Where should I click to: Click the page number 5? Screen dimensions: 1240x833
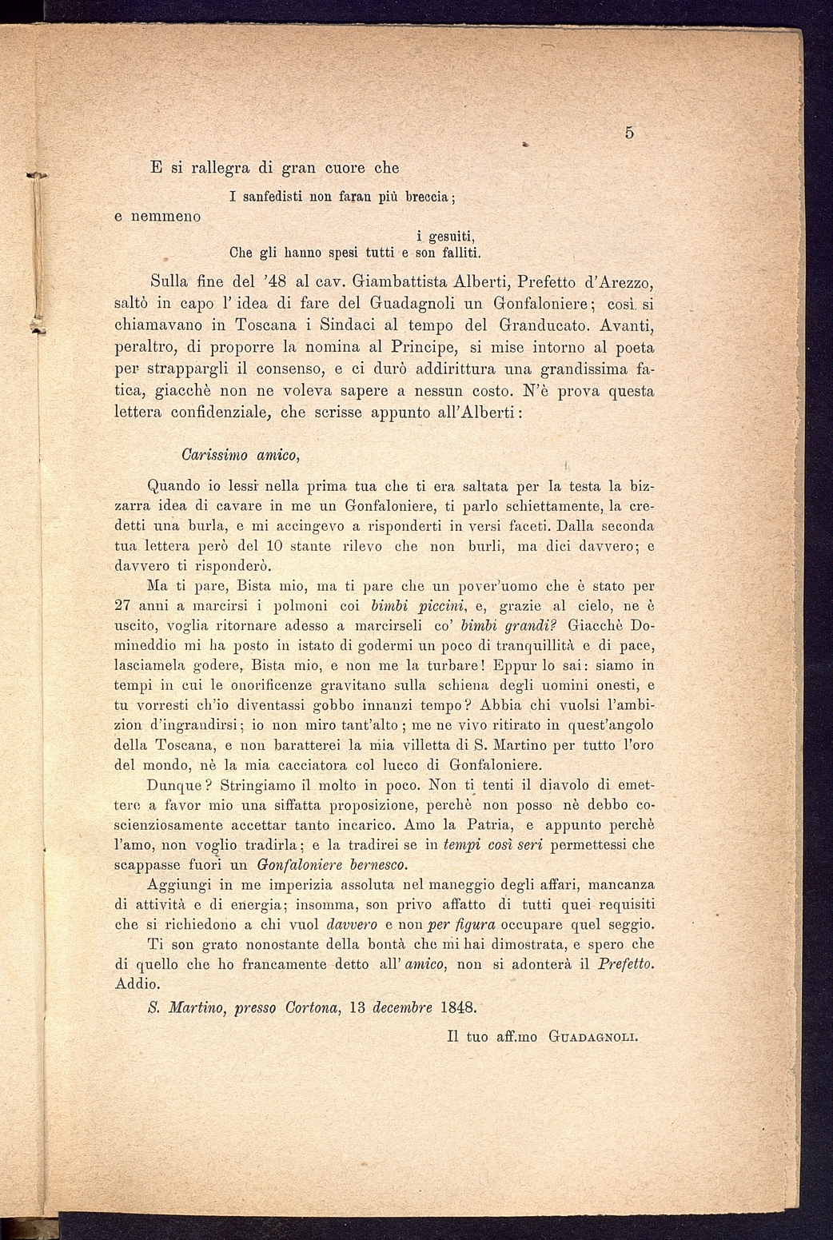pos(629,134)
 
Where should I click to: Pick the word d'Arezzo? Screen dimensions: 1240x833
pos(614,282)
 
